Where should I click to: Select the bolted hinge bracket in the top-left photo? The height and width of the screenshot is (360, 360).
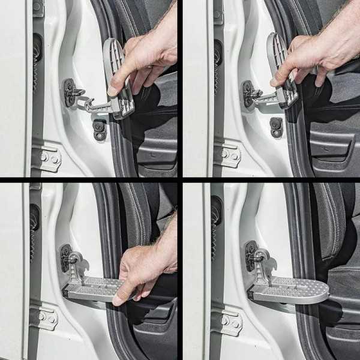46,158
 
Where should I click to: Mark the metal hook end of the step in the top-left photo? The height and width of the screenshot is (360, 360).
90,106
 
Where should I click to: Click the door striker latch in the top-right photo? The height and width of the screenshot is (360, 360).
249,93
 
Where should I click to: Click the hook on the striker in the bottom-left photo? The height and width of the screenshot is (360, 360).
74,259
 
